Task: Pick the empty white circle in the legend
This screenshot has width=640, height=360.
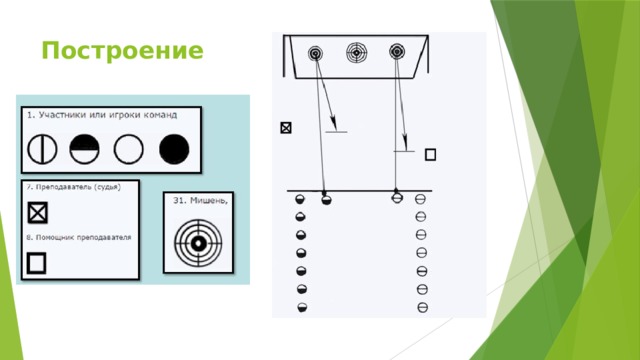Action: click(129, 150)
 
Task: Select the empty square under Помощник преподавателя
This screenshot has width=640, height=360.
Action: click(36, 263)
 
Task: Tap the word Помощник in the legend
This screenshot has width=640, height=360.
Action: click(52, 239)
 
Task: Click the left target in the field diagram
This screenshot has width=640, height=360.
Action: click(316, 52)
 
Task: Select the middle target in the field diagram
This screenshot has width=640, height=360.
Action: click(357, 51)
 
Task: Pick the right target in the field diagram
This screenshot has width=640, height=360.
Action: click(398, 51)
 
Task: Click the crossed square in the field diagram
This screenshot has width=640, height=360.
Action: click(287, 128)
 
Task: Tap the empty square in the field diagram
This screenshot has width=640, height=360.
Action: click(430, 154)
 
